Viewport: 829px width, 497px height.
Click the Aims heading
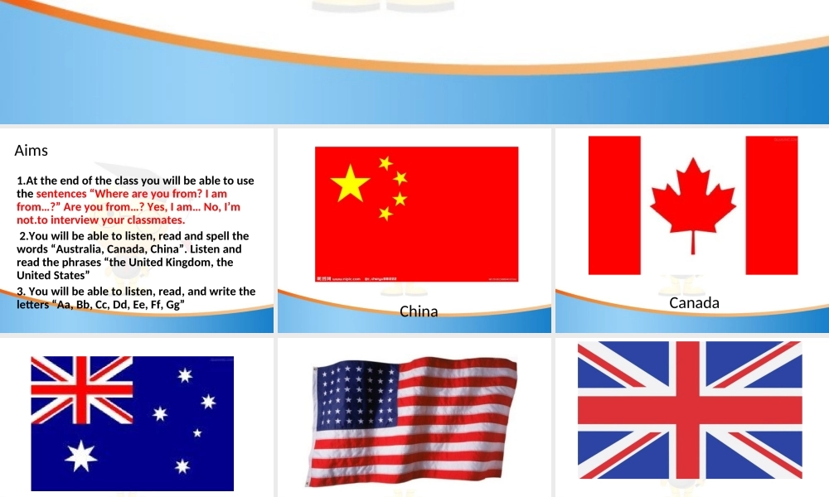(x=32, y=151)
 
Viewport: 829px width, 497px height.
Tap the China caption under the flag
(x=419, y=312)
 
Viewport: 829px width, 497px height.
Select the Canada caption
(x=694, y=303)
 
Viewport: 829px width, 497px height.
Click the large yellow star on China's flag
(x=351, y=184)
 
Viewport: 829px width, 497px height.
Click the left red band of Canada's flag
(x=614, y=205)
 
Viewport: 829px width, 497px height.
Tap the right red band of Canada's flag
(x=771, y=205)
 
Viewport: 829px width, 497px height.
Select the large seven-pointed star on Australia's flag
(x=80, y=456)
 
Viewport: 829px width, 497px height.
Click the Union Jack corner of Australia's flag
(x=81, y=389)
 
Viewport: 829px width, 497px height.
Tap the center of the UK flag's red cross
(x=689, y=409)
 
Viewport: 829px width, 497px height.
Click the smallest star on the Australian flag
(x=197, y=432)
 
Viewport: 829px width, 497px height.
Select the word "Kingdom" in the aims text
(x=187, y=263)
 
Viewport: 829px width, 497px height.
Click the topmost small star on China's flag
(x=385, y=163)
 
